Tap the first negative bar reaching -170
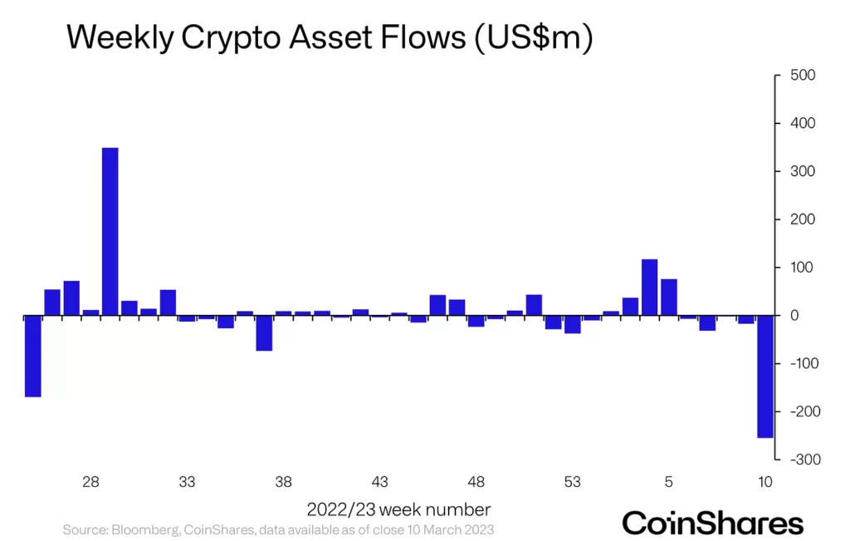click(x=32, y=356)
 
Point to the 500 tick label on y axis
click(x=803, y=76)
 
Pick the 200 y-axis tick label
click(x=803, y=219)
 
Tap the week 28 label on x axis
click(x=91, y=482)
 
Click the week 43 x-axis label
click(x=380, y=482)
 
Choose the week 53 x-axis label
click(x=572, y=482)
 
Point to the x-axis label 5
click(x=668, y=482)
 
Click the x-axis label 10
click(x=765, y=482)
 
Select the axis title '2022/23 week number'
click(x=398, y=509)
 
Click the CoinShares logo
click(x=713, y=523)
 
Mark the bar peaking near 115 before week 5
click(x=650, y=288)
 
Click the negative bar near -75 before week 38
click(x=264, y=333)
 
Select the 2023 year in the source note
click(x=481, y=529)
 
